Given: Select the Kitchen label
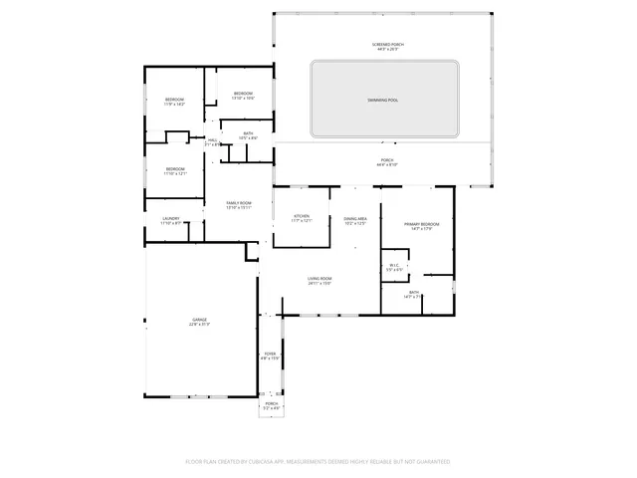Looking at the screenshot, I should (302, 218).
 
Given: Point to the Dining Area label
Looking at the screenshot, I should (355, 220).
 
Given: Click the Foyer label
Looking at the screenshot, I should (269, 356).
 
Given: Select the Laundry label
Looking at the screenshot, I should (170, 221).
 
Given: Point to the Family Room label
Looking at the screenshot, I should (238, 205).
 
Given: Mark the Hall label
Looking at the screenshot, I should (212, 141).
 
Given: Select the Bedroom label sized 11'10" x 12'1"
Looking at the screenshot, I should (174, 170).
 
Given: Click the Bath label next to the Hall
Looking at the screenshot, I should (248, 135).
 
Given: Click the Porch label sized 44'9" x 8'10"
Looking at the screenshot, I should (387, 162).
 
